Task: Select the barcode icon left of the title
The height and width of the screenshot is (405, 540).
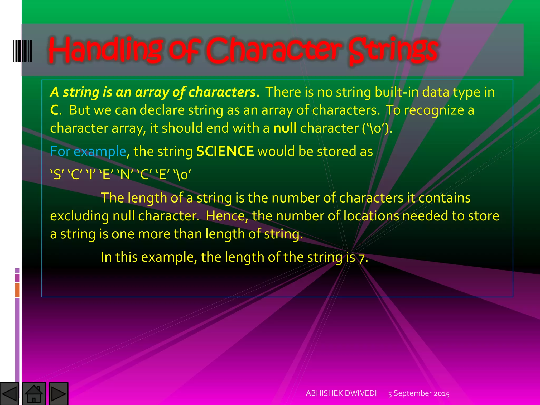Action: [x=22, y=51]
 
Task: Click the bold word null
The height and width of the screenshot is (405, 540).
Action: [x=285, y=128]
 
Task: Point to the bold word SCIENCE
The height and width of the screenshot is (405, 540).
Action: [x=225, y=151]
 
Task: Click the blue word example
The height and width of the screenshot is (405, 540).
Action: [x=100, y=151]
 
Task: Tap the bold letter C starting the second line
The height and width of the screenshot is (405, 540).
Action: [x=54, y=110]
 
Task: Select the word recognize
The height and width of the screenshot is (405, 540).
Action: [x=434, y=110]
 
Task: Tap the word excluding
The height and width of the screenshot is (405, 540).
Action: [x=79, y=216]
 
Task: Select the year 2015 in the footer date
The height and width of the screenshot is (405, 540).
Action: [x=441, y=393]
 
